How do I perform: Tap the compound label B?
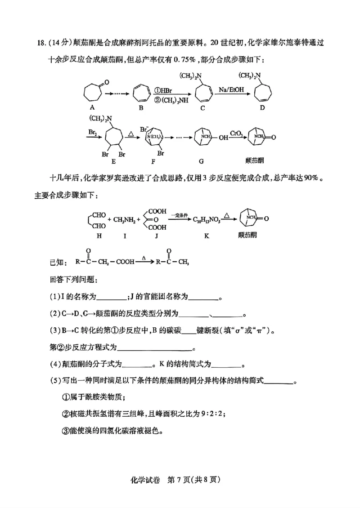pyautogui.click(x=141, y=108)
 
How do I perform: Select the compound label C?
pyautogui.click(x=202, y=108)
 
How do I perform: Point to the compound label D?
pyautogui.click(x=262, y=108)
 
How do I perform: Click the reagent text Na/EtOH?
pyautogui.click(x=232, y=90)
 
